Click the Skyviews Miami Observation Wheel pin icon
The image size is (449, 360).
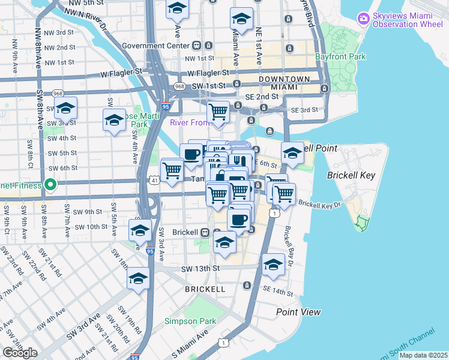coord(363,19)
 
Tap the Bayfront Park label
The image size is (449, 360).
coord(340,57)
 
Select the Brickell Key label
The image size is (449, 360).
coord(351,175)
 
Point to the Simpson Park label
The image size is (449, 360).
coord(191,321)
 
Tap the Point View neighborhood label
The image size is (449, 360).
coord(298,312)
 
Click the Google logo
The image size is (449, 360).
coord(20,353)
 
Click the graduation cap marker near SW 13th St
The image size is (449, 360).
coord(273,265)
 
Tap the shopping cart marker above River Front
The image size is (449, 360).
coord(218,112)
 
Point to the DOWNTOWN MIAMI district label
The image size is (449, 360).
coord(285,83)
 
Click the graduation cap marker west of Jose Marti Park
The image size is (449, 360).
coord(114,120)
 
